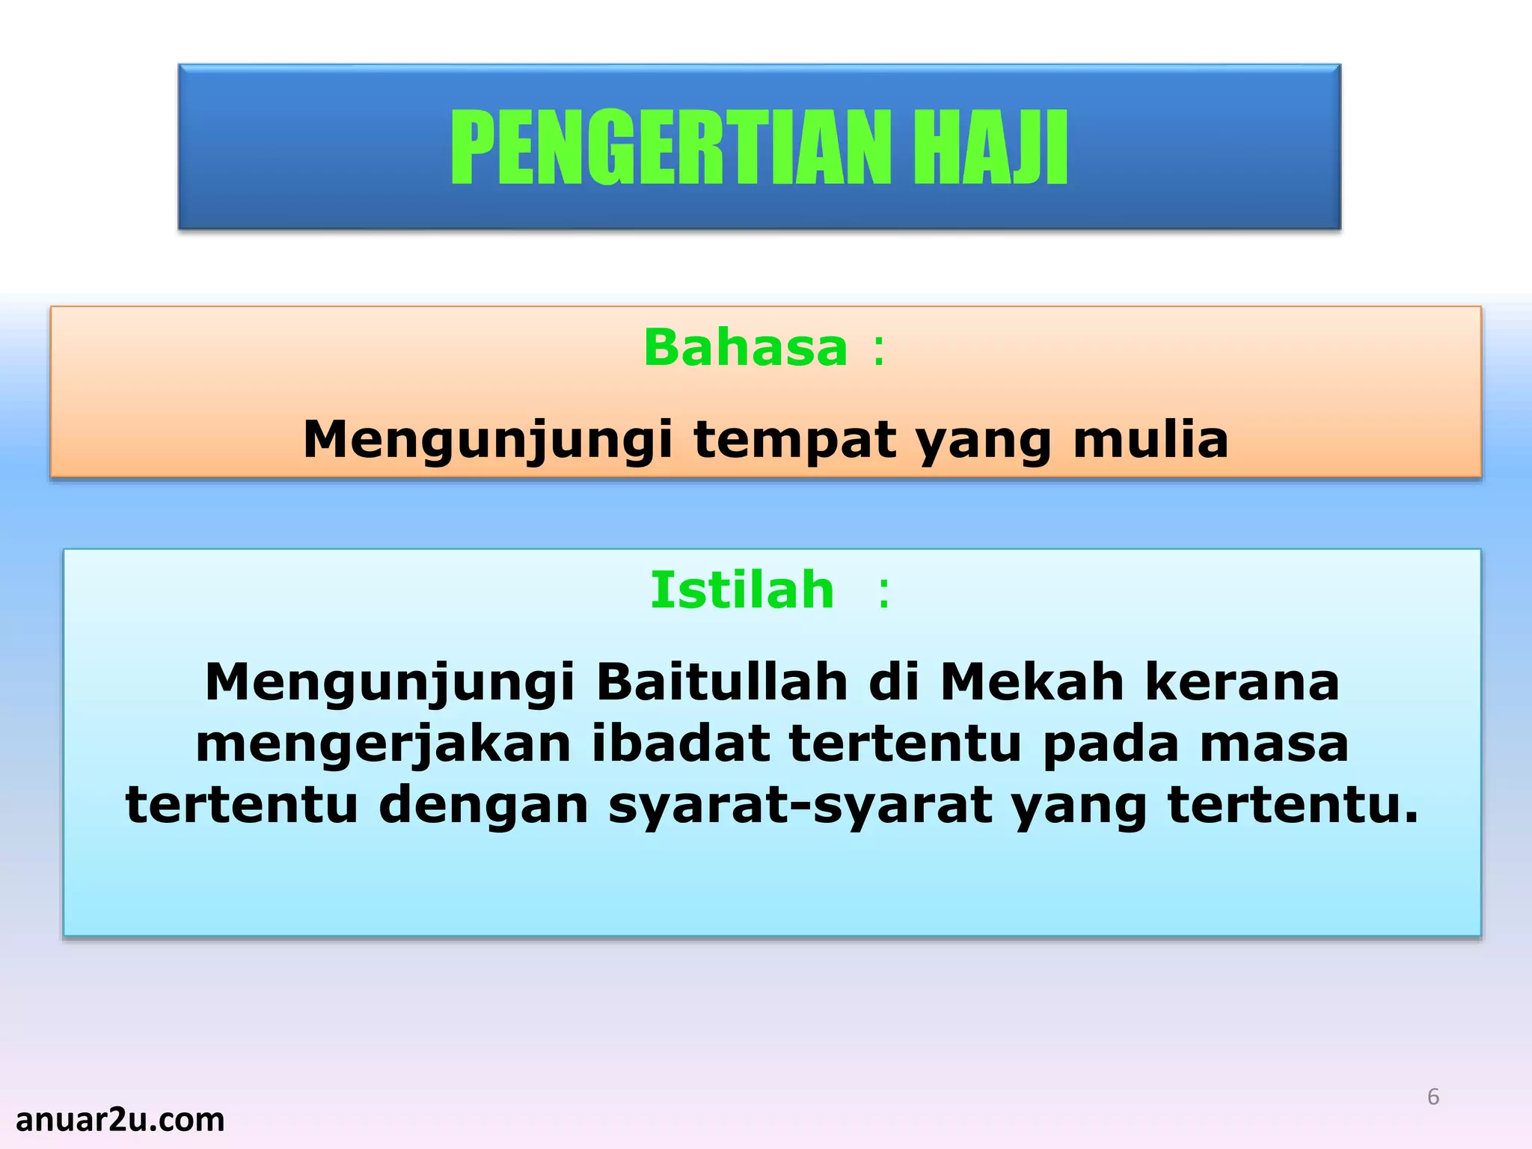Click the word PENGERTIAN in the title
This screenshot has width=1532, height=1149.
[672, 147]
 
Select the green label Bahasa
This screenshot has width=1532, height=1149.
[746, 349]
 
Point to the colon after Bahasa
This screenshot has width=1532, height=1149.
[878, 350]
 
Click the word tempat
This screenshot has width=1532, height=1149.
[794, 439]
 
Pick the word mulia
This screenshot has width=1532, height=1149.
[1150, 439]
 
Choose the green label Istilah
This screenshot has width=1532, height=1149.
[742, 590]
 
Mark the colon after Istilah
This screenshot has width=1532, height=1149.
[884, 592]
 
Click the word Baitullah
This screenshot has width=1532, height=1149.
[722, 682]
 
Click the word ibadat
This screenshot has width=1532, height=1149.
[681, 744]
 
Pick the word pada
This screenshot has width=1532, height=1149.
[1112, 744]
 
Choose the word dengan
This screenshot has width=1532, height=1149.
[484, 806]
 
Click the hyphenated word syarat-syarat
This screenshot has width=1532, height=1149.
[800, 806]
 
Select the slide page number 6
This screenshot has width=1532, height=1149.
[1433, 1097]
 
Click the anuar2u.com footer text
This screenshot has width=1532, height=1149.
[120, 1120]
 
